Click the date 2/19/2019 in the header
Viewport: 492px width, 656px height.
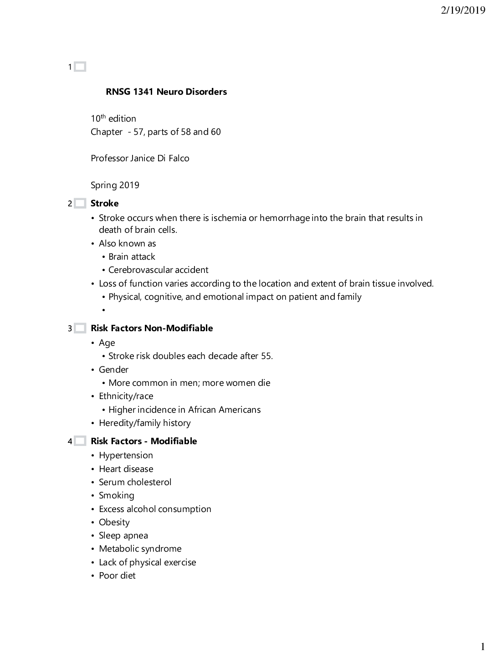(x=463, y=10)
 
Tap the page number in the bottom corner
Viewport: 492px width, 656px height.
(x=482, y=646)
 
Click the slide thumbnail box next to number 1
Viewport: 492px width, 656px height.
(x=80, y=67)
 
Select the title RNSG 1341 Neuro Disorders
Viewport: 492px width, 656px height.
(x=166, y=92)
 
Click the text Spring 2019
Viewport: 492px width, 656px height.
(x=115, y=185)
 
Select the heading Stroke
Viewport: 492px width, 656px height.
(x=104, y=203)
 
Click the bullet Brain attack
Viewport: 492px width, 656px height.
(x=132, y=256)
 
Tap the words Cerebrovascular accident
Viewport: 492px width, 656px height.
(x=158, y=270)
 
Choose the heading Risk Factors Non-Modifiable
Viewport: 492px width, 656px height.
(x=152, y=328)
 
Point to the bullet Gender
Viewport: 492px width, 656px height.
(x=113, y=369)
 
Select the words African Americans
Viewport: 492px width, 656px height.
(x=224, y=410)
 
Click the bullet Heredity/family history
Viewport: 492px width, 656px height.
(x=144, y=423)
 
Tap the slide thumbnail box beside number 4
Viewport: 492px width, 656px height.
(x=80, y=441)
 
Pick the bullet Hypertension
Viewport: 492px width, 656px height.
(x=126, y=455)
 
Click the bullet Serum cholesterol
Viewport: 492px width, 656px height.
(x=135, y=482)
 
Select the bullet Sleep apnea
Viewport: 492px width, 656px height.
(x=123, y=535)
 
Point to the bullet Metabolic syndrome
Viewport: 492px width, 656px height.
(x=140, y=548)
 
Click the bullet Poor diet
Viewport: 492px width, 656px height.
(x=117, y=575)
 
